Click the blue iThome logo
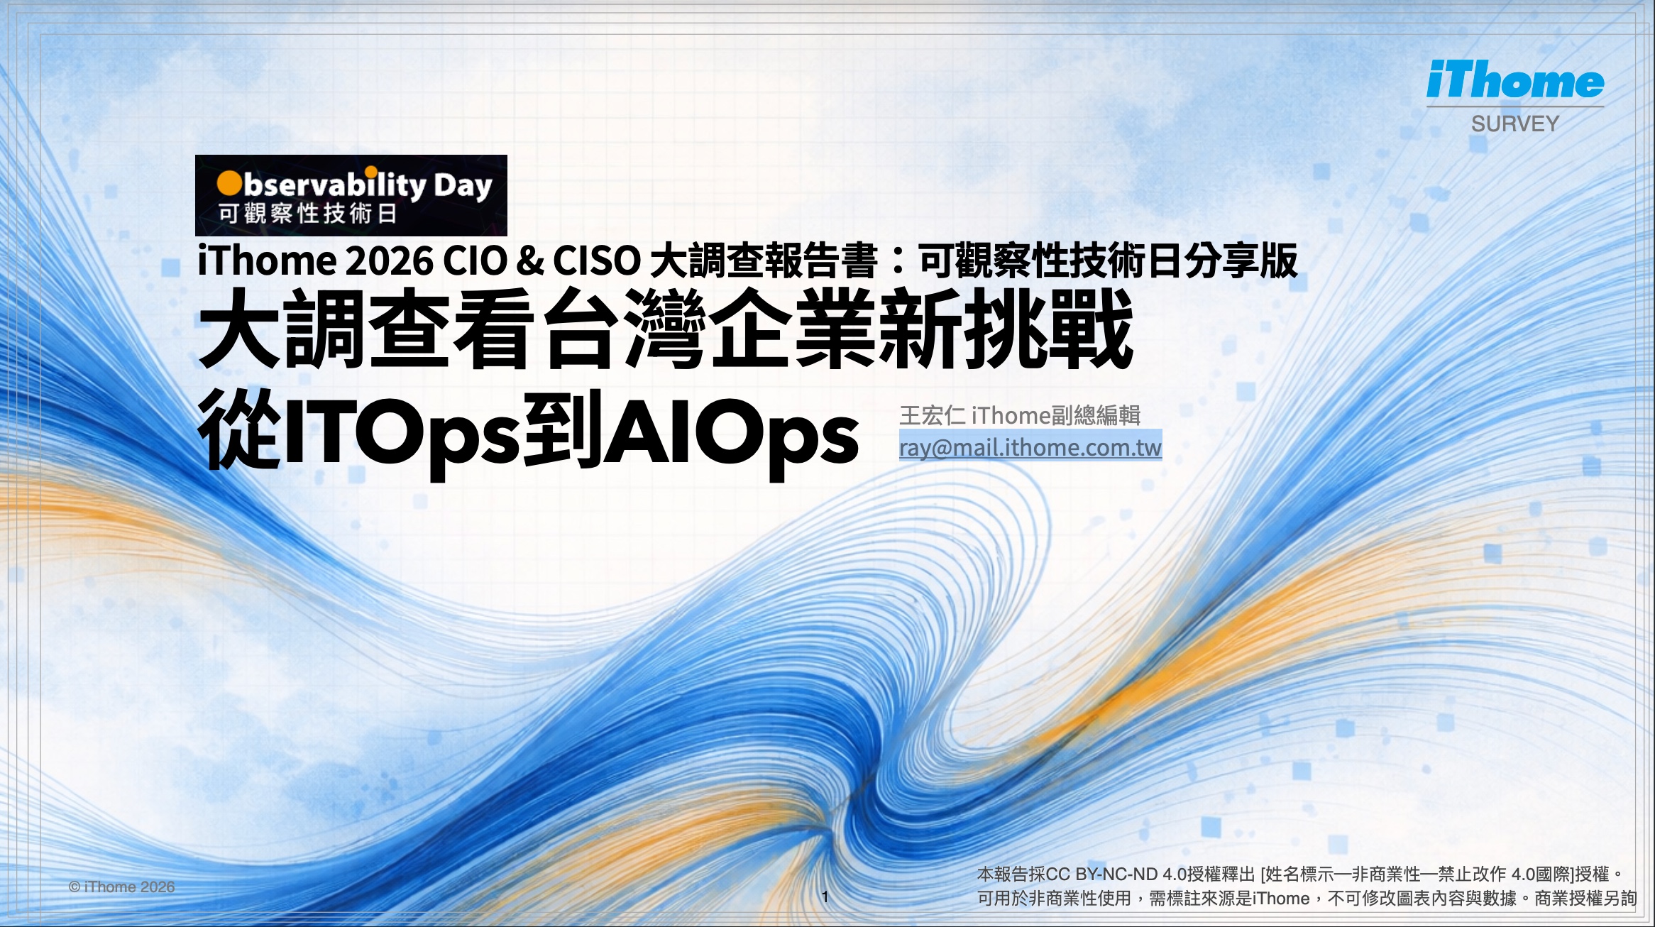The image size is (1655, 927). coord(1514,80)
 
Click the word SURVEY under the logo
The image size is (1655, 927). coord(1514,124)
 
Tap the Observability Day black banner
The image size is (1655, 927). coord(351,195)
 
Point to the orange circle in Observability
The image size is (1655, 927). coord(229,183)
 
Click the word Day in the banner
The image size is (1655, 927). coord(463,186)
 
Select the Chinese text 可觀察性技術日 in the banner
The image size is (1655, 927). coord(307,214)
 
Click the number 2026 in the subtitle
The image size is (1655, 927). coord(388,261)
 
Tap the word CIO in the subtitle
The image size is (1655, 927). coord(476,261)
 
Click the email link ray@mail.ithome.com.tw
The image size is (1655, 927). coord(1030,448)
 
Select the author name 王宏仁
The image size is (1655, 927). coord(932,415)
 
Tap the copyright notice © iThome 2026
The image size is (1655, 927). coord(121,887)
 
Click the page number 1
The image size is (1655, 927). coord(825,896)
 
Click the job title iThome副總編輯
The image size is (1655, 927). coord(1055,415)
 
